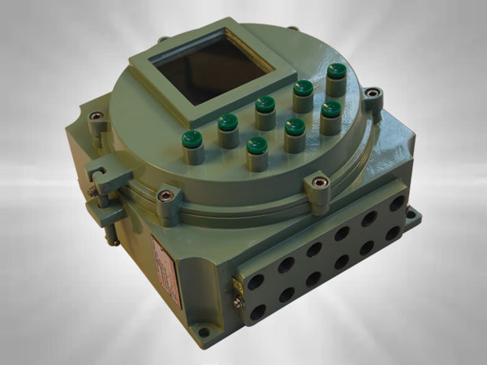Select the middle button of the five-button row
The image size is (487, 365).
(x=265, y=105)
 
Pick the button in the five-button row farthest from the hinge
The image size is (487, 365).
(x=336, y=72)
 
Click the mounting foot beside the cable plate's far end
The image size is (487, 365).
(x=415, y=216)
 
